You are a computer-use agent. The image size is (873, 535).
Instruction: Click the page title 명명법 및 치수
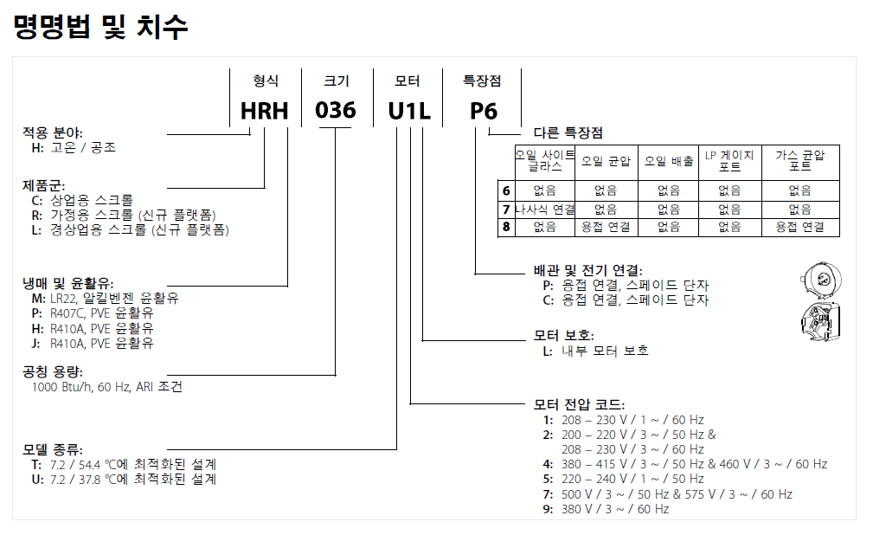click(x=100, y=27)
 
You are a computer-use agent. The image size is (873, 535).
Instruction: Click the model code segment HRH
click(x=265, y=111)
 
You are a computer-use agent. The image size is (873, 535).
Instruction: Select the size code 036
click(x=335, y=110)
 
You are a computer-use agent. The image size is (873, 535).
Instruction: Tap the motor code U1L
click(x=409, y=111)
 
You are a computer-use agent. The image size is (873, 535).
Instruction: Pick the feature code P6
click(x=484, y=111)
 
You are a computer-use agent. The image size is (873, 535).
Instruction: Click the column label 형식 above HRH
click(x=266, y=81)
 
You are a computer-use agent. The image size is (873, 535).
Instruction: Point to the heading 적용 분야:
click(x=52, y=132)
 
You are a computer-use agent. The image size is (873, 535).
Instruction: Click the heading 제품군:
click(x=43, y=185)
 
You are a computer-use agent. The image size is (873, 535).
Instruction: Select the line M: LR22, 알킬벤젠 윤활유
click(x=105, y=298)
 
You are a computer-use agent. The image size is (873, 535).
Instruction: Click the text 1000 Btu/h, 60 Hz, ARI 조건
click(x=107, y=387)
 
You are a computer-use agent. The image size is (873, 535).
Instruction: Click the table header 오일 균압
click(x=606, y=162)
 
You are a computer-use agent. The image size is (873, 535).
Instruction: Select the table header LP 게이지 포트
click(x=729, y=161)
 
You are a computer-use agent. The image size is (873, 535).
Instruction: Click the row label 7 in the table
click(x=506, y=209)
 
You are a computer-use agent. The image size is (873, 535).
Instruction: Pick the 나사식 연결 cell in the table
click(x=545, y=209)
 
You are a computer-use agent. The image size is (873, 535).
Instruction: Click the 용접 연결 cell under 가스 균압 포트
click(x=800, y=227)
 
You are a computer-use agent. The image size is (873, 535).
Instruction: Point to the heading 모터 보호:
click(x=563, y=336)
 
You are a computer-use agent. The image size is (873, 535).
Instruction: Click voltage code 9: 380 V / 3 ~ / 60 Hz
click(x=606, y=509)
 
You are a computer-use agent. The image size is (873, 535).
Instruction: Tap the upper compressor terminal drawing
click(x=821, y=280)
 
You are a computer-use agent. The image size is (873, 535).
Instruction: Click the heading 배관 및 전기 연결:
click(x=588, y=271)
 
